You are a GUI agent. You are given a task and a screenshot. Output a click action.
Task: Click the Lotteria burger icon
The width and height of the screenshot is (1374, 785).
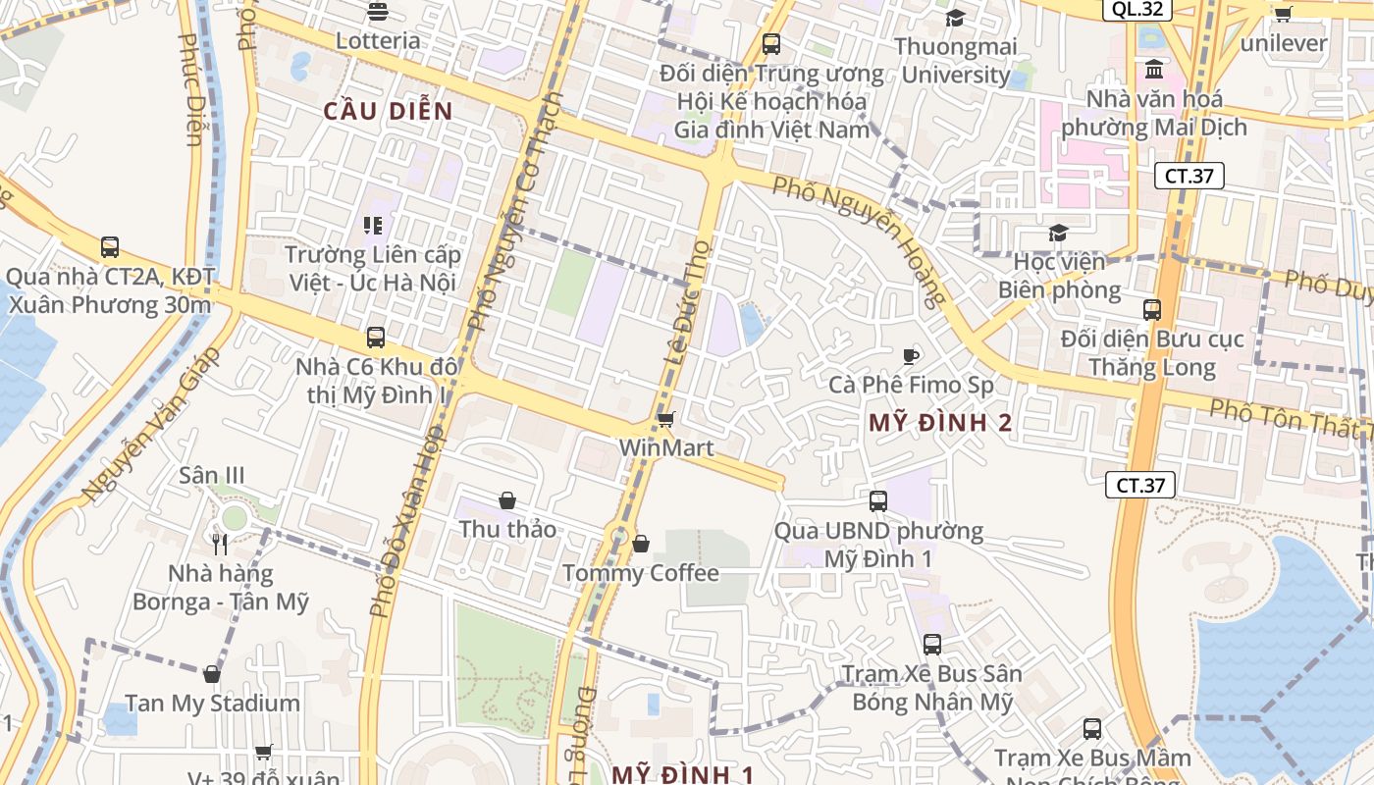click(x=377, y=12)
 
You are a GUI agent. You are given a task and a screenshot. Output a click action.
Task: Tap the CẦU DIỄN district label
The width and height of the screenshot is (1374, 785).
click(x=389, y=111)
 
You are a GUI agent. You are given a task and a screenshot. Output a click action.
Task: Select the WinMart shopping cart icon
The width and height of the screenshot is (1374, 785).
click(x=665, y=420)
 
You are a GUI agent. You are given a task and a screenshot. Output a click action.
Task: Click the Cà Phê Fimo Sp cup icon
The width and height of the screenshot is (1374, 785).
click(x=911, y=355)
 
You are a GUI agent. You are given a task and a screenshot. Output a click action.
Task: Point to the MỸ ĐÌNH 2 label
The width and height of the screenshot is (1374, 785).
click(x=940, y=423)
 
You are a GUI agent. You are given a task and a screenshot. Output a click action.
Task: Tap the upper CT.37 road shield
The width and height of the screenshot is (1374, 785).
click(x=1189, y=176)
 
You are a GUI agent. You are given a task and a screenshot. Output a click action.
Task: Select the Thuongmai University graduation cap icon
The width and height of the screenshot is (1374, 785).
click(x=954, y=18)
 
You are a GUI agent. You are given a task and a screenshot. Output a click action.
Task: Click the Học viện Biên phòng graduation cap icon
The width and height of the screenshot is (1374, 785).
click(x=1058, y=233)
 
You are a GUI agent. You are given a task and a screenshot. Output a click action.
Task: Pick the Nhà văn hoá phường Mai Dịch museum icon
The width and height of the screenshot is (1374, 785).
click(x=1154, y=70)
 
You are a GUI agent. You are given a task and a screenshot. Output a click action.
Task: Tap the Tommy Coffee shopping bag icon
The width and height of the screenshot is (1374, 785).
click(x=641, y=543)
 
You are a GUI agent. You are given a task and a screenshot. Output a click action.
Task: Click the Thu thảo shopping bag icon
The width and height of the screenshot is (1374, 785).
click(x=507, y=500)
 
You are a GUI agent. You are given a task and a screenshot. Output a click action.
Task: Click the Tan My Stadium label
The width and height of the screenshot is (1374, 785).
click(x=212, y=703)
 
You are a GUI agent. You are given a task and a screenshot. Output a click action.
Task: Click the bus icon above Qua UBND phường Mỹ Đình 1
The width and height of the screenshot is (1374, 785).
click(x=878, y=500)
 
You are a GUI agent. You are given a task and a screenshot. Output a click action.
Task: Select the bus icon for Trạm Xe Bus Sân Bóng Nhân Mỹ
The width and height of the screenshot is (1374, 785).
click(x=932, y=645)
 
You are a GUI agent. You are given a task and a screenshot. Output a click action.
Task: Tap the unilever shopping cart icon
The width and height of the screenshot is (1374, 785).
click(x=1282, y=14)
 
